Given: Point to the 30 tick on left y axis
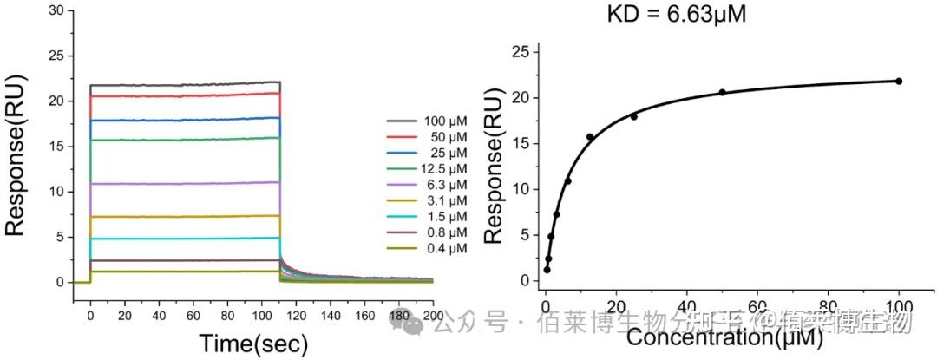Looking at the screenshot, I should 56,10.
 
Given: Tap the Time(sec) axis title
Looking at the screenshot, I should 252,344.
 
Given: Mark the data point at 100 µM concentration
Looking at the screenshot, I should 899,82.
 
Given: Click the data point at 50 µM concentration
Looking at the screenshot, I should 722,92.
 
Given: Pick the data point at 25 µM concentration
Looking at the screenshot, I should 633,116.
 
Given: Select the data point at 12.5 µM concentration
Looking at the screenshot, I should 590,137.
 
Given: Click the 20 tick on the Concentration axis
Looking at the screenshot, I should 616,306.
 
